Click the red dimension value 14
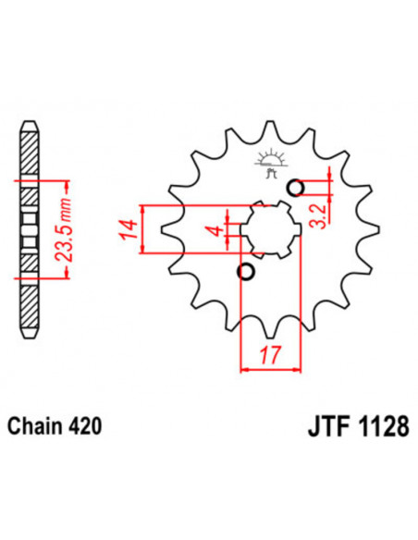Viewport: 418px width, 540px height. click(127, 227)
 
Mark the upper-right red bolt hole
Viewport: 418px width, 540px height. click(296, 189)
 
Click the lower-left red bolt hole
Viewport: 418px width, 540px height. click(245, 272)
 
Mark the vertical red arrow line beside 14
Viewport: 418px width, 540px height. click(144, 227)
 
